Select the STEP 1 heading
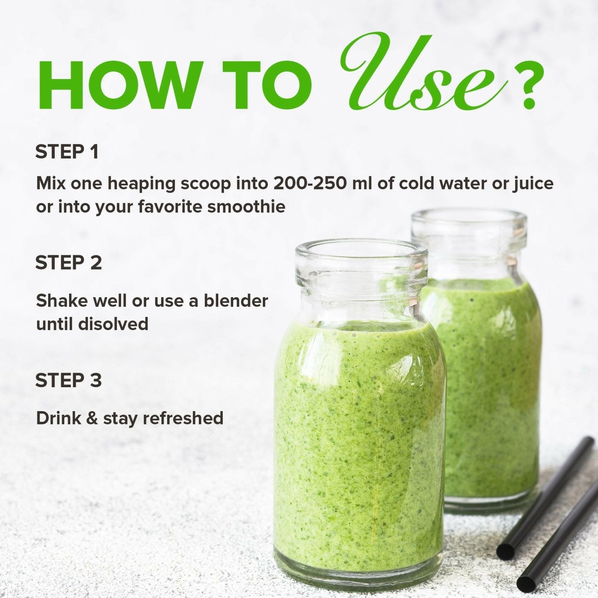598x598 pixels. click(x=67, y=152)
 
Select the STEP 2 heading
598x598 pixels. click(x=69, y=262)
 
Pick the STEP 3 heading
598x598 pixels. click(x=69, y=380)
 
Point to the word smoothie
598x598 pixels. click(x=246, y=206)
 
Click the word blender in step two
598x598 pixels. click(x=236, y=300)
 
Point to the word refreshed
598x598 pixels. click(x=183, y=418)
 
